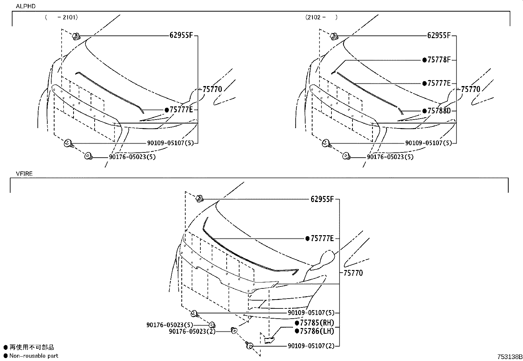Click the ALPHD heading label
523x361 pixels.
click(26, 6)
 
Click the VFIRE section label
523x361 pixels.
click(24, 174)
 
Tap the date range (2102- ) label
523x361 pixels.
click(321, 17)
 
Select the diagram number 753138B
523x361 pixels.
click(509, 356)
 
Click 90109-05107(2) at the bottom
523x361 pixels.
click(311, 346)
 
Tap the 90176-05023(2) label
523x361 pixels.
click(192, 331)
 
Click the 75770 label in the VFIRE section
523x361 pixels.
click(353, 273)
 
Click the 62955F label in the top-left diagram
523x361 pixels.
click(181, 35)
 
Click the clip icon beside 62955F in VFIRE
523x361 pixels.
click(199, 198)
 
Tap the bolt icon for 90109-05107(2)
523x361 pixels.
click(249, 345)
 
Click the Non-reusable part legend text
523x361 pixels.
click(34, 356)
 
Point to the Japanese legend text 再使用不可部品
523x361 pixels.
click(32, 347)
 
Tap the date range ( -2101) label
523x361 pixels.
click(61, 18)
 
